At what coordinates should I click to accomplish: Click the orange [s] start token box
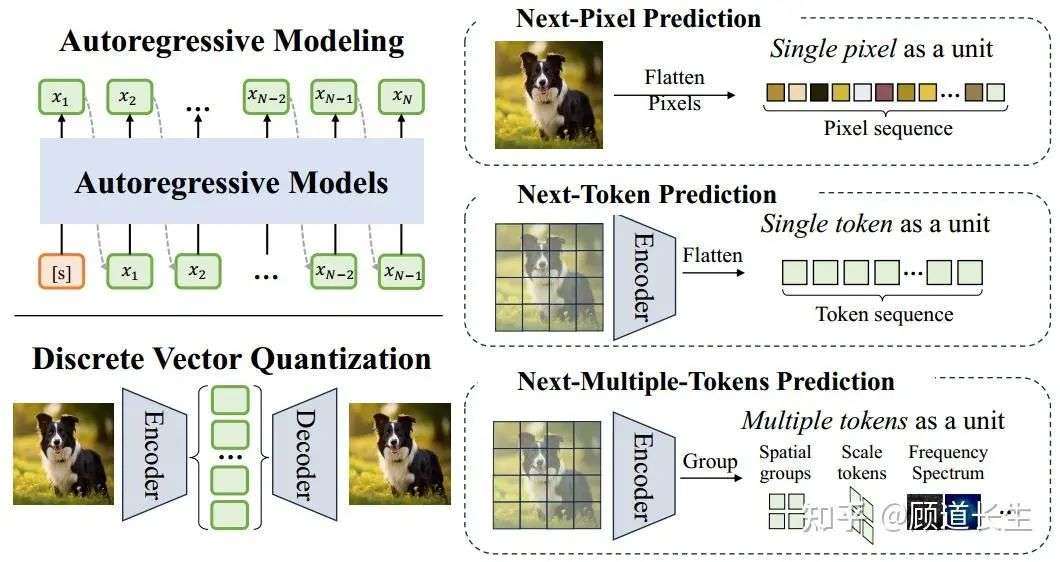point(61,272)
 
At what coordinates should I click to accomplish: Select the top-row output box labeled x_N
point(401,97)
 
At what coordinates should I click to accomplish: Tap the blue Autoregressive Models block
point(232,182)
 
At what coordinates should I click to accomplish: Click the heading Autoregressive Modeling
point(232,41)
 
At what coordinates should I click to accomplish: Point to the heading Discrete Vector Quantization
point(232,359)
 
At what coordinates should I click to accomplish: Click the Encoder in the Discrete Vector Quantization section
point(153,454)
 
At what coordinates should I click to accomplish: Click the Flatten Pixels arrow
point(674,95)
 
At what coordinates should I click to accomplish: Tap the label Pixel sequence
point(887,128)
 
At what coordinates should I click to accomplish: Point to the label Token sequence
point(884,314)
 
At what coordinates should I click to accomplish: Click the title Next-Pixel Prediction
point(638,18)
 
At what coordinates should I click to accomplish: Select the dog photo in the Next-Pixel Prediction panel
point(548,95)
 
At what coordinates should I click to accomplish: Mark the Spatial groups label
point(785,462)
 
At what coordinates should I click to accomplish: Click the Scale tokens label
point(862,462)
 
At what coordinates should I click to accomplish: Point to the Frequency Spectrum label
point(947,462)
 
